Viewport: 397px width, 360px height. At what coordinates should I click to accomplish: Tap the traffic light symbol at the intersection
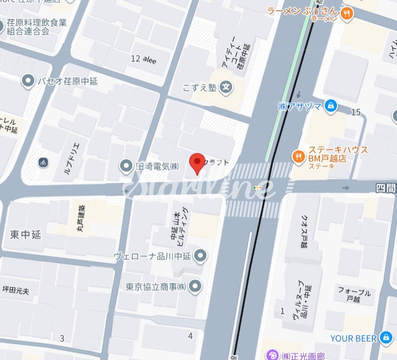tap(257, 188)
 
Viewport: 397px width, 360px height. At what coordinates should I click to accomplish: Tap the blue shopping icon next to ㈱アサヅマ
tap(331, 105)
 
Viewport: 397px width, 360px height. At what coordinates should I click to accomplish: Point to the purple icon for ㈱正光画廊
tap(272, 355)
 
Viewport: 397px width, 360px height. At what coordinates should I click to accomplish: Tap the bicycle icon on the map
tap(43, 162)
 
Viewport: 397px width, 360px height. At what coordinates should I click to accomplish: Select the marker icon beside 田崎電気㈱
tap(127, 166)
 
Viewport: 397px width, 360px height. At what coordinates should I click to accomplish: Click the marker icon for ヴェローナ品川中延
tap(200, 256)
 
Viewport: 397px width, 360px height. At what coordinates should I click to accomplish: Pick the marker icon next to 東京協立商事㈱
tap(196, 285)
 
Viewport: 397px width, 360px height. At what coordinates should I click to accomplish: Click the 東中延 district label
tap(25, 235)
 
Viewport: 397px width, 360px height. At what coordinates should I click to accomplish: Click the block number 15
tap(356, 113)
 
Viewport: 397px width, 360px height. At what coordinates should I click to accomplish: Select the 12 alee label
tap(143, 59)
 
